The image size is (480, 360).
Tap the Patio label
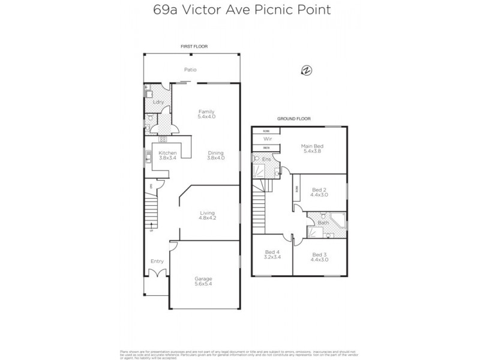coord(191,70)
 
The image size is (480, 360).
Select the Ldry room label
coord(158,102)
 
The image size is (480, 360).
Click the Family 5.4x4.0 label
coord(206,114)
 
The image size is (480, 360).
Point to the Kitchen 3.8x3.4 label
coord(167,155)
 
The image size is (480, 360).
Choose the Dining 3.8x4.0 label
coord(215,155)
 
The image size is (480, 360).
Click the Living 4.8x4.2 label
coord(208,215)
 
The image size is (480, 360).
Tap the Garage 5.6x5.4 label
coord(203,281)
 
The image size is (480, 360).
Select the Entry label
coord(157,261)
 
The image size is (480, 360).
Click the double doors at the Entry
coord(157,275)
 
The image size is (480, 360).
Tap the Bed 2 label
coord(318,191)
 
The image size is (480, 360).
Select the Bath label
coord(323,223)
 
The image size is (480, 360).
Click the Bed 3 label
coord(319,256)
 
